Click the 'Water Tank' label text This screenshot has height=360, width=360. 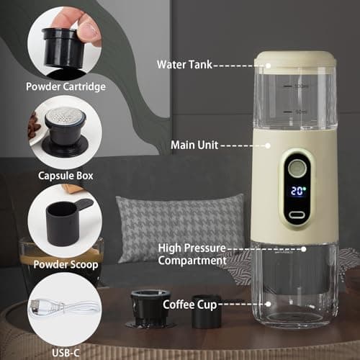[183, 64]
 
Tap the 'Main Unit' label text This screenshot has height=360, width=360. [193, 145]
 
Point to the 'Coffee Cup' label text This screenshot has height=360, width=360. [190, 305]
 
